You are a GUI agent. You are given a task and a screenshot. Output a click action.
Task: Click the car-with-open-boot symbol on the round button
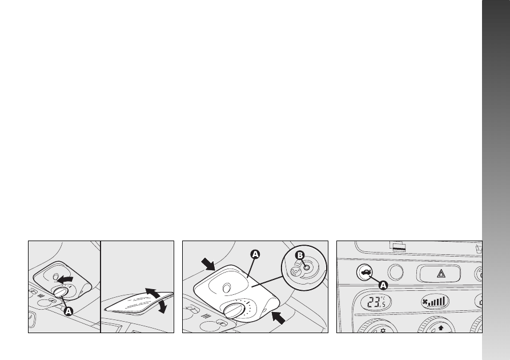pyautogui.click(x=365, y=272)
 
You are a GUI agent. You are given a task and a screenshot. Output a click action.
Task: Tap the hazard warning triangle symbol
pyautogui.click(x=441, y=274)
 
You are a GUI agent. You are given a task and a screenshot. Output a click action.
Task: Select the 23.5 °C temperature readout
pyautogui.click(x=376, y=302)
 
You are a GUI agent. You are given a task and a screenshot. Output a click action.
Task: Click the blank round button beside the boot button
pyautogui.click(x=396, y=272)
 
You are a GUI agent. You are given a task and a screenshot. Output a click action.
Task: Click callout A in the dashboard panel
pyautogui.click(x=384, y=286)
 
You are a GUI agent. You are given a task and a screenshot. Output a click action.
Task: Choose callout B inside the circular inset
pyautogui.click(x=300, y=255)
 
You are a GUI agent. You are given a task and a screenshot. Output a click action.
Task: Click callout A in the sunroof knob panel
pyautogui.click(x=69, y=311)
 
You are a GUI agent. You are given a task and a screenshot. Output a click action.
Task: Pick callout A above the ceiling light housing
pyautogui.click(x=255, y=254)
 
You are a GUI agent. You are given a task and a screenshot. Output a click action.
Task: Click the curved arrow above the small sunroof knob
pyautogui.click(x=65, y=279)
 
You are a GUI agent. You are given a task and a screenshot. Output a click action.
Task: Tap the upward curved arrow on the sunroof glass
pyautogui.click(x=152, y=293)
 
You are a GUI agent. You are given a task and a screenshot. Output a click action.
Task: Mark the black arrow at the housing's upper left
pyautogui.click(x=208, y=264)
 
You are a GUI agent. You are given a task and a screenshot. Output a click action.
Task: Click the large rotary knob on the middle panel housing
pyautogui.click(x=232, y=310)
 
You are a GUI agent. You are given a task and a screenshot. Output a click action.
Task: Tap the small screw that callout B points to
pyautogui.click(x=306, y=267)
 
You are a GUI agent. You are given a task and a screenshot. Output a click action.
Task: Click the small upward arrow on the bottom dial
pyautogui.click(x=441, y=328)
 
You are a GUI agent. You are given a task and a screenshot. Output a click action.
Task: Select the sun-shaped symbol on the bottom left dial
pyautogui.click(x=383, y=331)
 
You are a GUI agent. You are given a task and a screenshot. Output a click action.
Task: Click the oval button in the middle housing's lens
pyautogui.click(x=226, y=288)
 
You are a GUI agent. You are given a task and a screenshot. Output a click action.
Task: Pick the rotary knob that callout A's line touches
pyautogui.click(x=61, y=292)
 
